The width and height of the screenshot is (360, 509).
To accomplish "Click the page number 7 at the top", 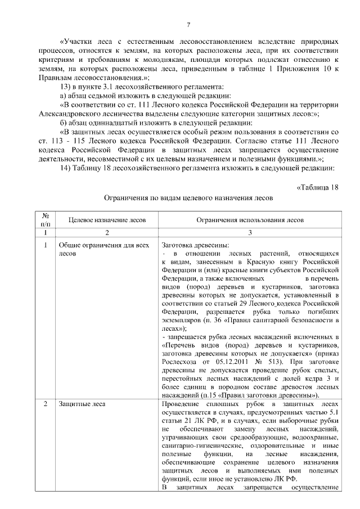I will tap(188, 24).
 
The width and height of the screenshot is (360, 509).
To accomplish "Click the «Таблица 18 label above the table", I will tap(317, 187).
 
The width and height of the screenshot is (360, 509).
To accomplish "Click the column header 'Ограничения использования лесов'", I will tap(249, 220).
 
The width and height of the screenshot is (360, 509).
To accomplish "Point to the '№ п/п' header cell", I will tap(44, 220).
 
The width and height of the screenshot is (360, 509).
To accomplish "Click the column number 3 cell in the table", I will tap(249, 232).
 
